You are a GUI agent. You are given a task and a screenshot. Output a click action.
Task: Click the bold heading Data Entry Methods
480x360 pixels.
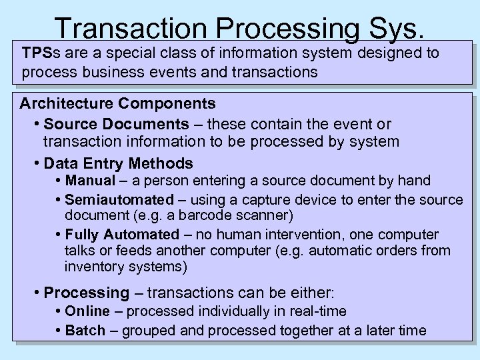coord(118,163)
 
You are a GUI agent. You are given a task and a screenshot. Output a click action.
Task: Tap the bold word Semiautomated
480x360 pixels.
coord(119,199)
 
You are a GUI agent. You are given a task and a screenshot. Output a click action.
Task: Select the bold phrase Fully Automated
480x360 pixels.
coord(122,235)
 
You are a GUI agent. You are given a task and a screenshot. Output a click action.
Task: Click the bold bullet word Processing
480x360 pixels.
coord(86,293)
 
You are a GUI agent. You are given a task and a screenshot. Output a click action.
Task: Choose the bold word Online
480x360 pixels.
coord(88,311)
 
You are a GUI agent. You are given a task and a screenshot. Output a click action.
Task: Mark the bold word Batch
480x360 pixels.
coord(85,331)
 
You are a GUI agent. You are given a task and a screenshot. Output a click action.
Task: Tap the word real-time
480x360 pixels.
coord(319,311)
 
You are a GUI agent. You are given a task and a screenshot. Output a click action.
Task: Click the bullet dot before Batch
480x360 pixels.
coord(59,331)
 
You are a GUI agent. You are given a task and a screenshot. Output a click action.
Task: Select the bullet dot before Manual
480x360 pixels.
coord(59,181)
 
